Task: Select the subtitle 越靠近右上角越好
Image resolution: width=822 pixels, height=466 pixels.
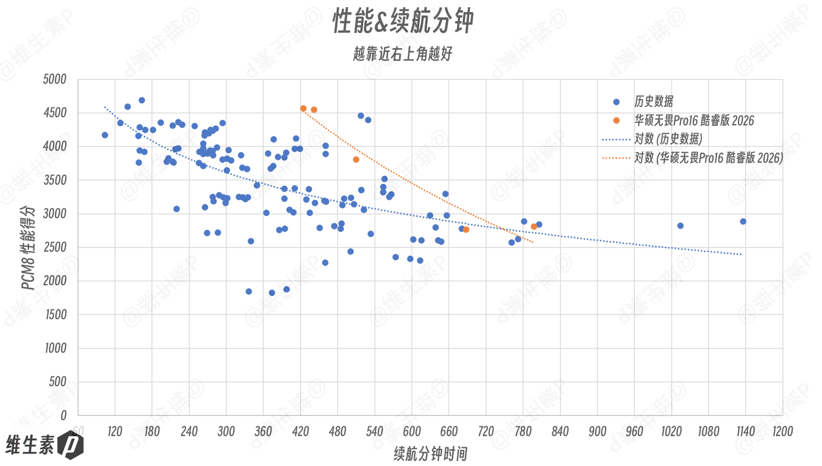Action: pos(403,54)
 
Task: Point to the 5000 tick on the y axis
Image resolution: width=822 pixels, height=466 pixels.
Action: pos(55,79)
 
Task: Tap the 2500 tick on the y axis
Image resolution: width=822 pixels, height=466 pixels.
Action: pos(55,247)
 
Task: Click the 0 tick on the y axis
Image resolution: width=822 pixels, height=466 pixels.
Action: pos(63,416)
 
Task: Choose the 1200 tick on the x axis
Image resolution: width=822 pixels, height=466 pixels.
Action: pos(782,431)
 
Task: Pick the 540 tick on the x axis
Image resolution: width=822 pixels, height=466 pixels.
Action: pos(374,431)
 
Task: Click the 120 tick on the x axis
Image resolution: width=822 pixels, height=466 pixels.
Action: pos(115,431)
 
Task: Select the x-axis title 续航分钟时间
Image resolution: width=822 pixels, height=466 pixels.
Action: pos(430,454)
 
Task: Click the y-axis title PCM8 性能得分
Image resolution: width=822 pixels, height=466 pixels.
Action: pos(28,248)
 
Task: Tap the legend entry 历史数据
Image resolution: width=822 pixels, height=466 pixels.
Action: pos(654,102)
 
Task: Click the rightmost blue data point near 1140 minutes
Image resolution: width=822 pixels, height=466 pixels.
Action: pos(743,221)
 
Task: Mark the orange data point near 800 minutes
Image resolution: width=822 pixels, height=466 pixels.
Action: pos(534,227)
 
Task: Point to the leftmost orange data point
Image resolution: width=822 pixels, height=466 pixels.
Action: pos(303,108)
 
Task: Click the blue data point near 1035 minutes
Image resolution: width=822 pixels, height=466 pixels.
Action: pos(680,226)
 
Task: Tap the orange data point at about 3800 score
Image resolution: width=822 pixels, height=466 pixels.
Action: pos(356,160)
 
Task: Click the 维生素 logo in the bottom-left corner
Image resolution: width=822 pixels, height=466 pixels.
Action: pos(44,445)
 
